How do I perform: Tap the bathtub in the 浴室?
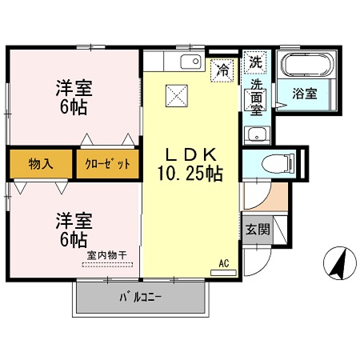point(307,65)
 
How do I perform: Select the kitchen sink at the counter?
point(190,62)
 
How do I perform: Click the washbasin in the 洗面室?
point(257,134)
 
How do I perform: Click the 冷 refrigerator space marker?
point(222,70)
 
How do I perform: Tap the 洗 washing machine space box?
point(255,62)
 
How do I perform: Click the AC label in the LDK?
point(224,263)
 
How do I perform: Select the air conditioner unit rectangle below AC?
point(223,273)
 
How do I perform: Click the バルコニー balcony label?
point(141,297)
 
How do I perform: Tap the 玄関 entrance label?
point(258,230)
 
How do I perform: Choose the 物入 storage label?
point(41,163)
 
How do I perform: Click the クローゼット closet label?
point(108,164)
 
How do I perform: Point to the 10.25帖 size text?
point(190,174)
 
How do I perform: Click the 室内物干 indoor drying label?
point(106,255)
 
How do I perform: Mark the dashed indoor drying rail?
point(107,265)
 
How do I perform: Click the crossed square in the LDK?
point(177,96)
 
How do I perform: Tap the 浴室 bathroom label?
point(305,94)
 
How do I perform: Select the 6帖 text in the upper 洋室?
point(74,108)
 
